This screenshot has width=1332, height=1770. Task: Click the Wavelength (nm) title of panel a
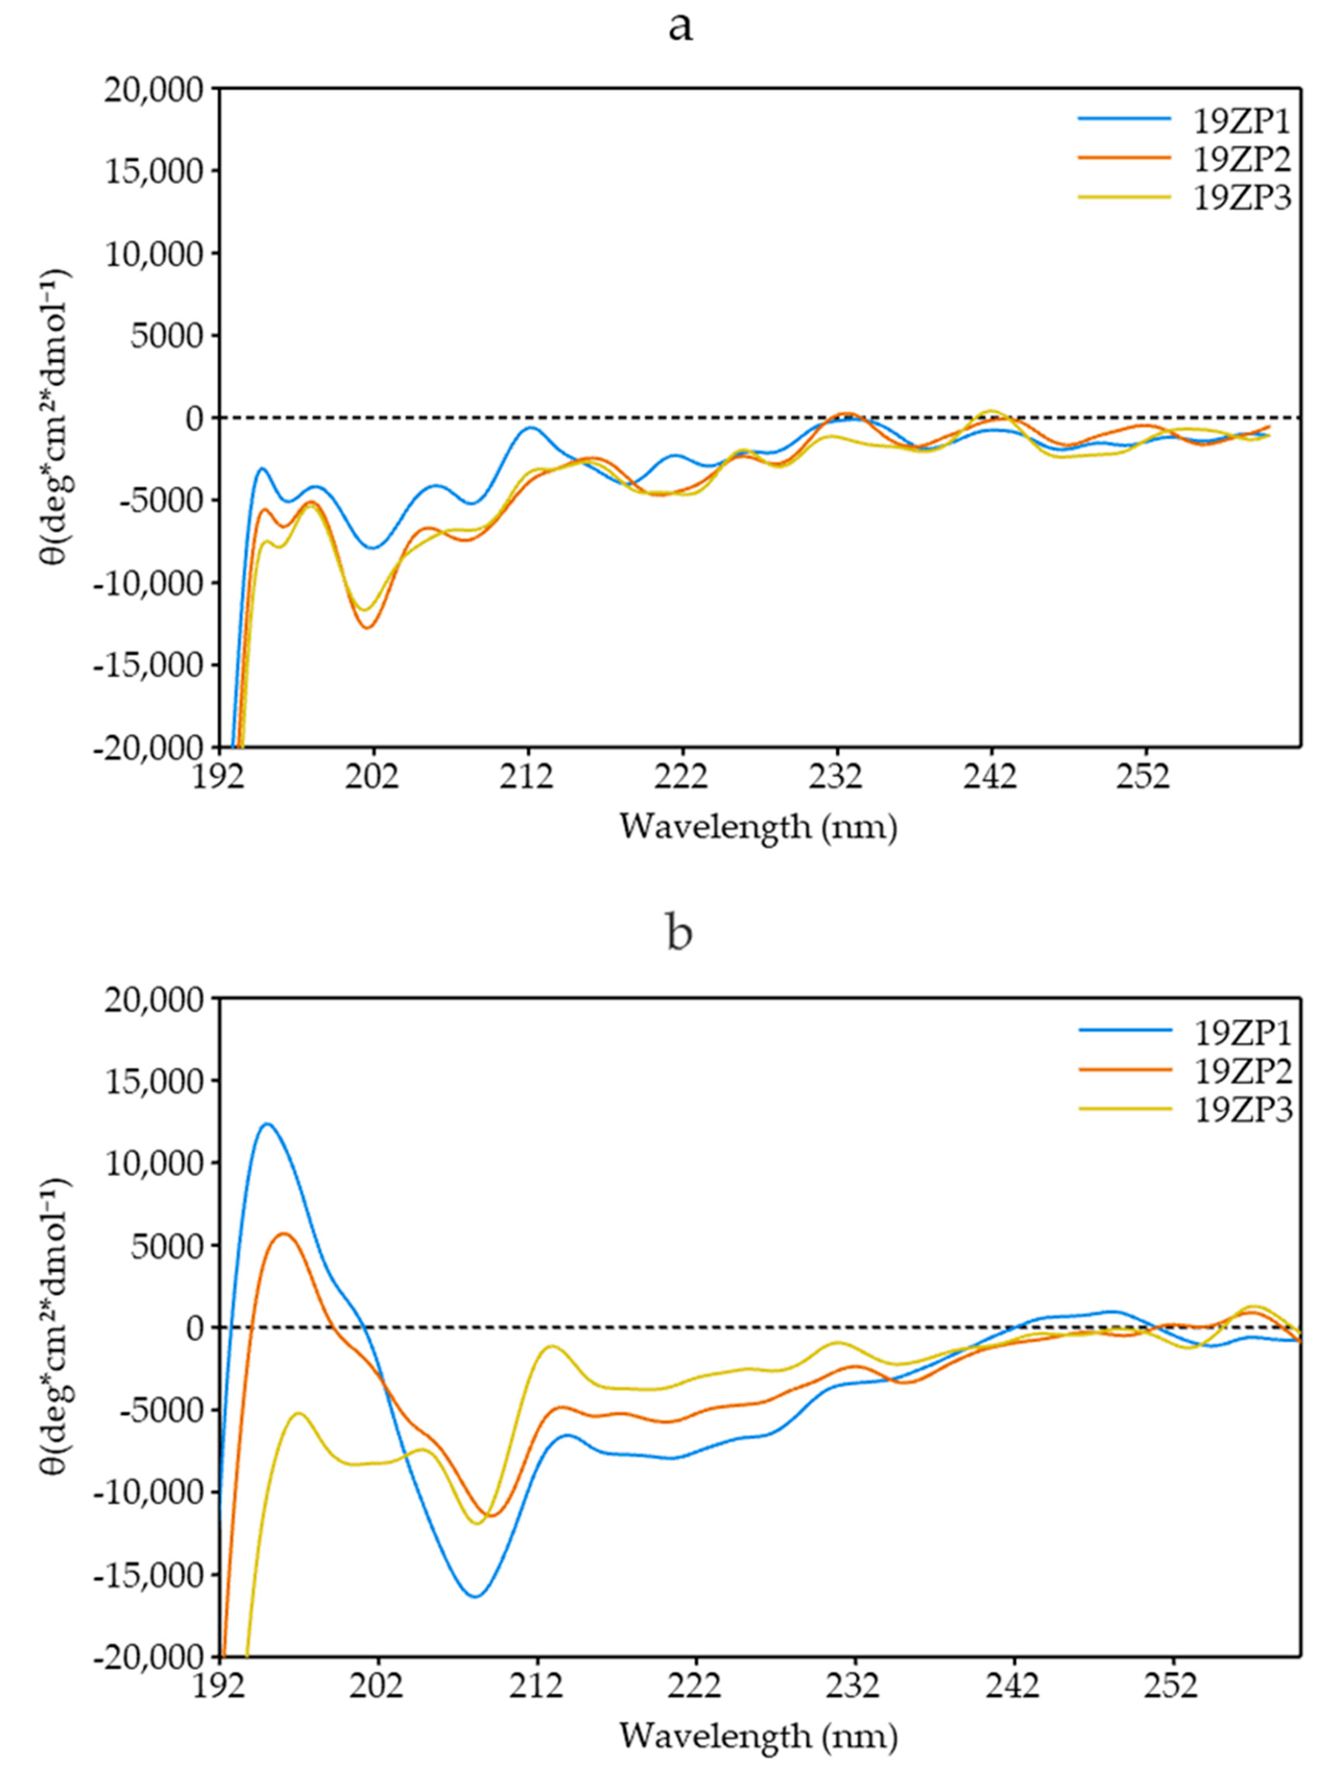coord(758,827)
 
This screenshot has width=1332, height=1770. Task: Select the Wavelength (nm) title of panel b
coord(758,1736)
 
